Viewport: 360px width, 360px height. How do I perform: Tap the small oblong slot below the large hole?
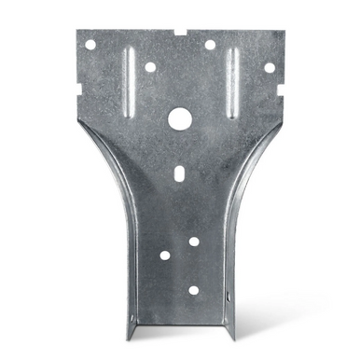tap(179, 173)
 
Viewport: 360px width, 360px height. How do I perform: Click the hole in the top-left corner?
tap(90, 44)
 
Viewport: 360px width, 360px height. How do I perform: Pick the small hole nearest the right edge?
tap(270, 67)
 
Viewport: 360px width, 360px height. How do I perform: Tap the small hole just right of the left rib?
tap(150, 67)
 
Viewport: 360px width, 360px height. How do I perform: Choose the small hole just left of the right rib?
tap(210, 44)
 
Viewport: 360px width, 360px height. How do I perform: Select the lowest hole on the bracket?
tap(194, 289)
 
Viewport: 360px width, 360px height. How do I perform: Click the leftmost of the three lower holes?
tap(165, 255)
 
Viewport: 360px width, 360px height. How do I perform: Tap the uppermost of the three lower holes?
tap(194, 242)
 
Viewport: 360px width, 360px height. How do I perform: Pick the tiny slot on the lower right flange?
tap(226, 297)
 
